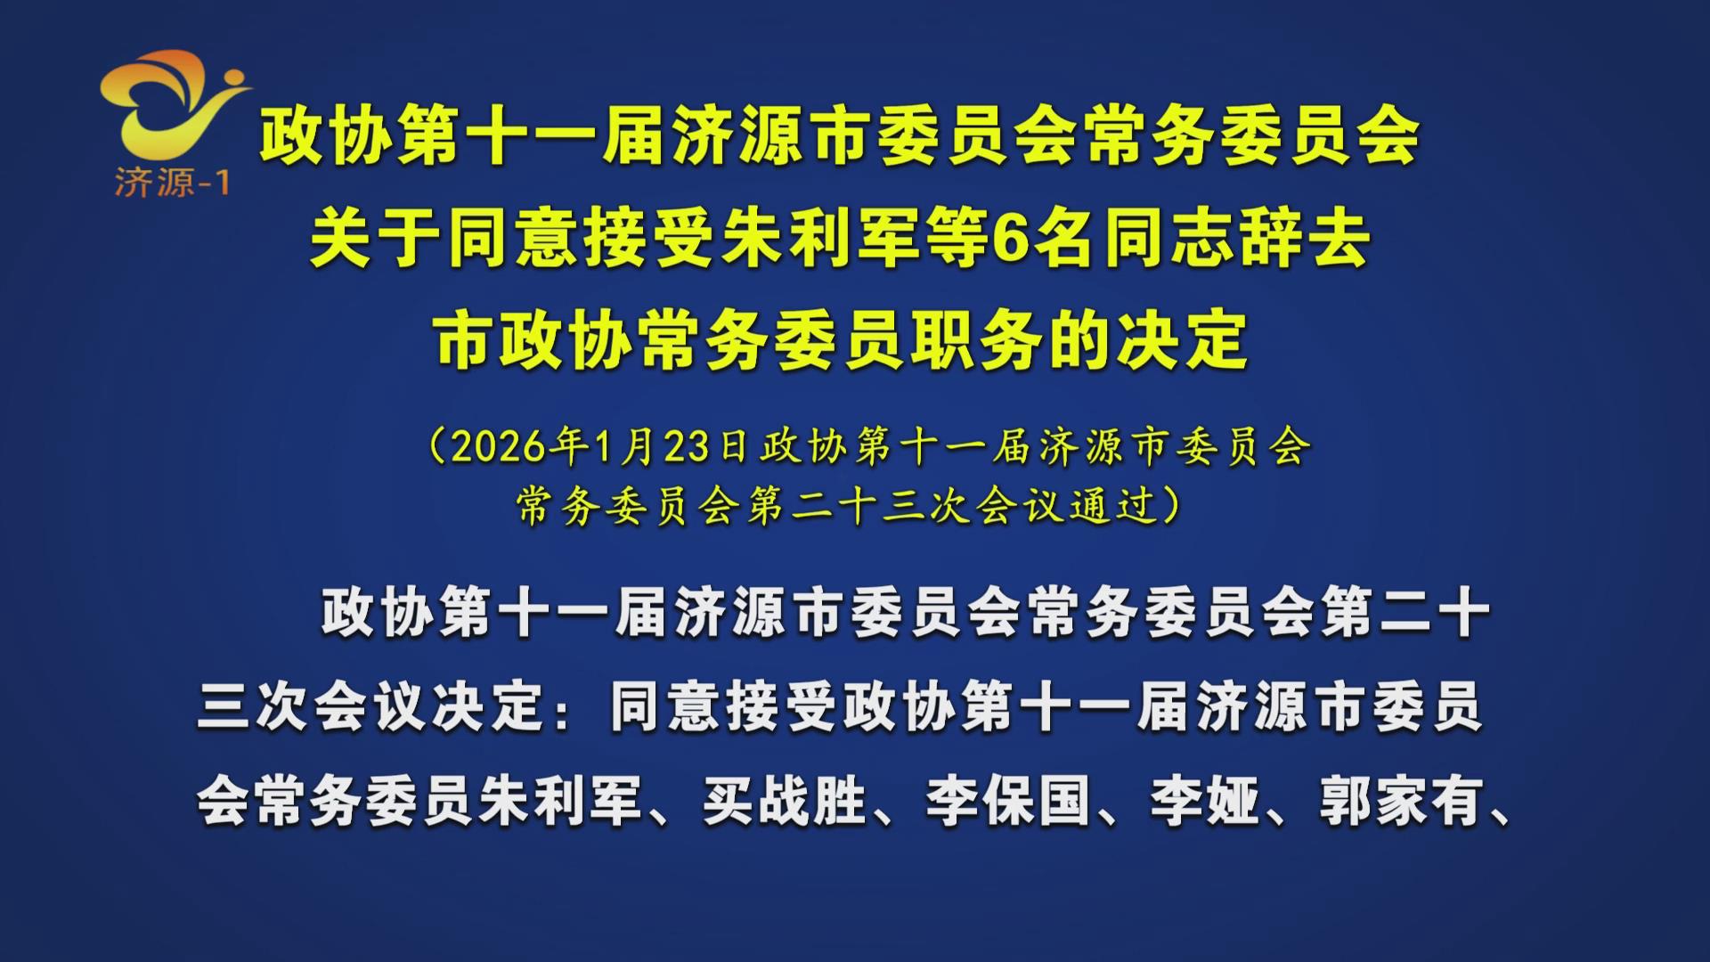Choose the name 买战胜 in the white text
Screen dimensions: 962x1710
[784, 801]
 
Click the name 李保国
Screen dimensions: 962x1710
[1007, 801]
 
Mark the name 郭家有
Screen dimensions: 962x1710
[1402, 801]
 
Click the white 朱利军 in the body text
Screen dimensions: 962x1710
[560, 801]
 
